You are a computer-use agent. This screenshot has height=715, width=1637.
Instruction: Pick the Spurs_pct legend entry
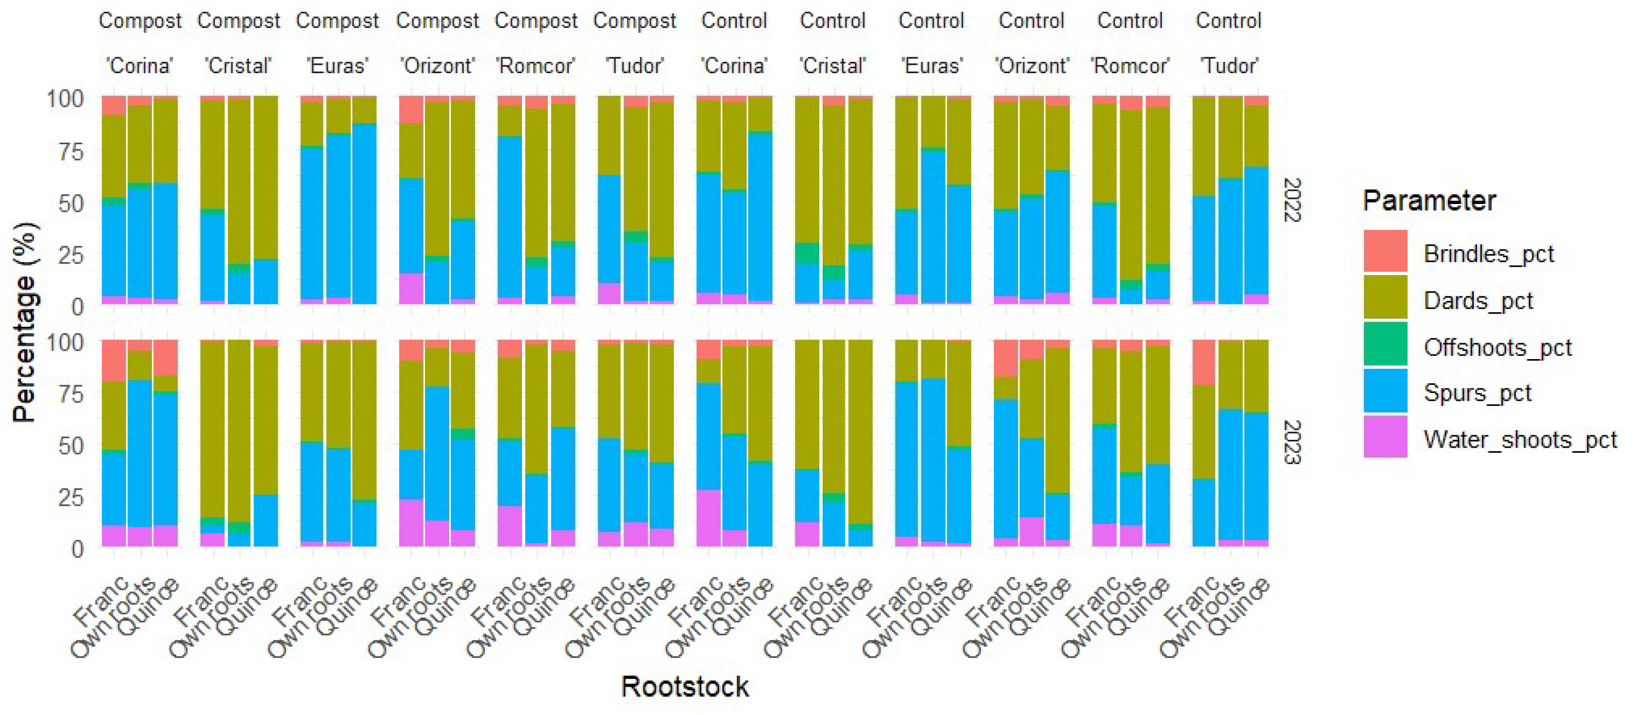click(x=1477, y=393)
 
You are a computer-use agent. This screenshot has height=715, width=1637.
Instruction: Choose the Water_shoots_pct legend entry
click(x=1520, y=439)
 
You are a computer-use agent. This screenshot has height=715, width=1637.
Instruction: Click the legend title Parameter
click(x=1428, y=201)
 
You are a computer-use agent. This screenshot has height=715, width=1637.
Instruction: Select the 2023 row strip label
click(x=1292, y=442)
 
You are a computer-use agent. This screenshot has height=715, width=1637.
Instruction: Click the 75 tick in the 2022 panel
click(x=65, y=151)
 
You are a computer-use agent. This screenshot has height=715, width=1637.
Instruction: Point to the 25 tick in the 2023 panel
click(x=70, y=497)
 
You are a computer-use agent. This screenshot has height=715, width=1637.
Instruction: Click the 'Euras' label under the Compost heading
click(x=337, y=65)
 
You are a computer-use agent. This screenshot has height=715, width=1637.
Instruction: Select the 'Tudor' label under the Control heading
click(x=1228, y=65)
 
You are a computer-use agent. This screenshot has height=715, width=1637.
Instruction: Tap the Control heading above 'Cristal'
click(x=833, y=21)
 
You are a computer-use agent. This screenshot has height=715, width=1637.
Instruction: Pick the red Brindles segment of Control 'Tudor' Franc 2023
click(x=1204, y=362)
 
